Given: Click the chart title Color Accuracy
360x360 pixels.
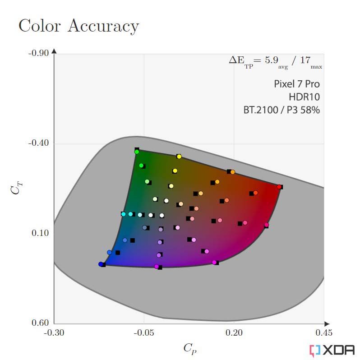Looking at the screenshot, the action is click(79, 26).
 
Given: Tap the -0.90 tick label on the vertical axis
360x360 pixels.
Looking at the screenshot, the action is click(39, 53).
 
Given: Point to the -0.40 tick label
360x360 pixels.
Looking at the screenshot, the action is click(39, 143).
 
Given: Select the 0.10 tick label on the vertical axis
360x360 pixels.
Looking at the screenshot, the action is click(40, 233).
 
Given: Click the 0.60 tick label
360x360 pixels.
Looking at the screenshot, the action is click(40, 323).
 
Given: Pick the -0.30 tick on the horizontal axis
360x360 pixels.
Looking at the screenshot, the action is click(54, 332).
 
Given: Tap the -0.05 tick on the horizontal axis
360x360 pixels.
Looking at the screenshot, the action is click(144, 332).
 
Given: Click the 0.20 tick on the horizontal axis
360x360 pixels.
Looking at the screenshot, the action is click(234, 332).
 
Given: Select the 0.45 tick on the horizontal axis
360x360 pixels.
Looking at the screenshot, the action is click(324, 332).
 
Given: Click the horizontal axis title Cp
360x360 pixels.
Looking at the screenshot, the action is click(190, 349).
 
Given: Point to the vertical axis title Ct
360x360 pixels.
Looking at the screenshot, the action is click(17, 188).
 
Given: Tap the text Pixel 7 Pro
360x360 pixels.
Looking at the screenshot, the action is click(297, 84).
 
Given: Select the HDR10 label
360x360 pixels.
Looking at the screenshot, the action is click(304, 97).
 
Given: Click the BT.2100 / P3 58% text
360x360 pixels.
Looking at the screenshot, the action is click(282, 110).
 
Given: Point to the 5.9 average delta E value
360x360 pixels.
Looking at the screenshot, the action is click(272, 60).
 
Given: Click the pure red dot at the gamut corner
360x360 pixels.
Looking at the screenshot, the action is click(279, 187).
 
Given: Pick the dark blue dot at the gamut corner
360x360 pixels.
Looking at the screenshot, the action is click(101, 264).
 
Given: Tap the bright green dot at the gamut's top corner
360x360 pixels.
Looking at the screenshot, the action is click(137, 152).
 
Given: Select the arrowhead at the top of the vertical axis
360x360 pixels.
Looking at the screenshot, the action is click(54, 51).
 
